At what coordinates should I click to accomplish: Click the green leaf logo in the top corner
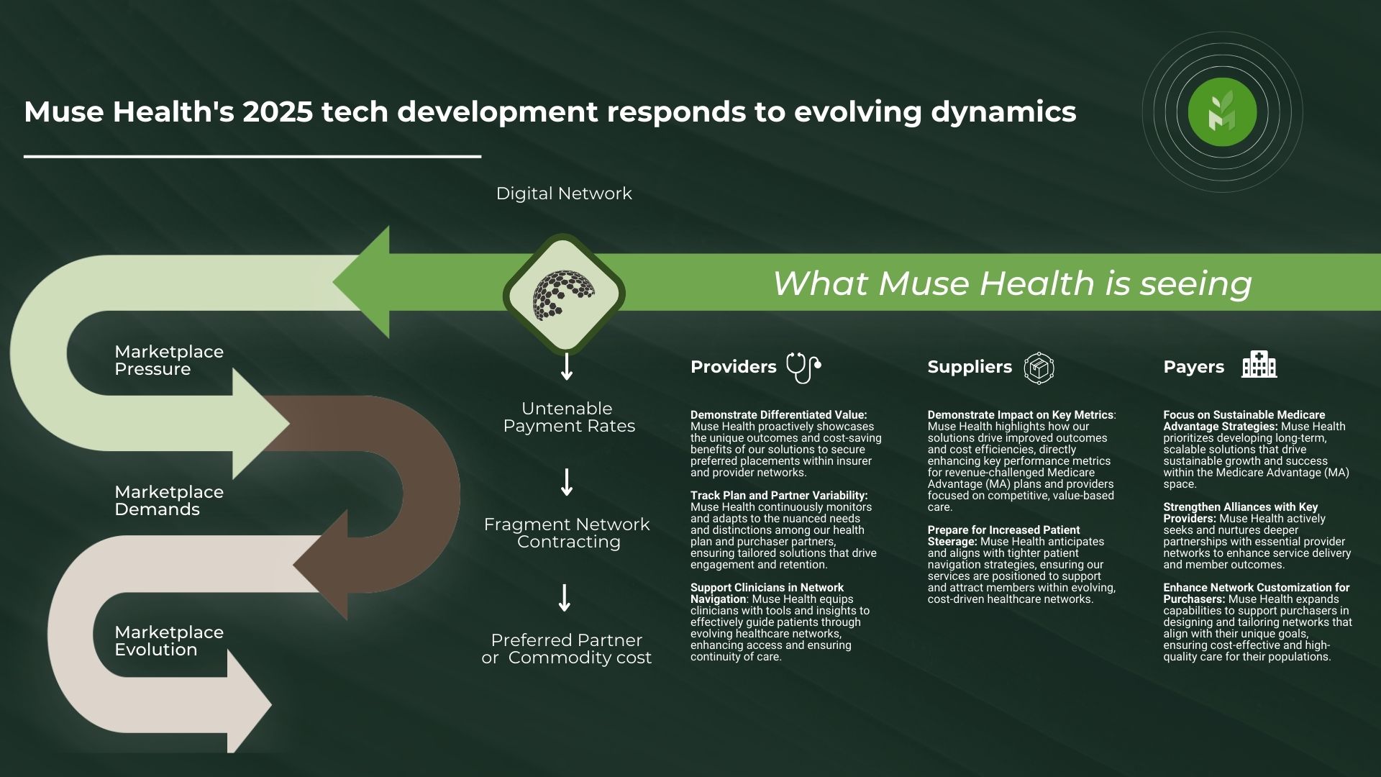tap(1222, 112)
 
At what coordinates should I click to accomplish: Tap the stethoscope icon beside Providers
tap(803, 367)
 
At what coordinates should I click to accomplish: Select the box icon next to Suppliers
tap(1039, 368)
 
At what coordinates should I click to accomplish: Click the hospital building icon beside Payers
tap(1259, 365)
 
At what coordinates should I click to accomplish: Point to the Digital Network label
tap(564, 194)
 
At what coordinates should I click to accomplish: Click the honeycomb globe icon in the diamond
tap(564, 294)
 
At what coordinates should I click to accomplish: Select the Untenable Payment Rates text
tap(569, 417)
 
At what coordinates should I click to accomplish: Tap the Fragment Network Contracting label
tap(567, 533)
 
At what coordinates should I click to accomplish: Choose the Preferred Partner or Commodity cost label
tap(567, 649)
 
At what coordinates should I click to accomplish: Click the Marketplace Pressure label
tap(169, 360)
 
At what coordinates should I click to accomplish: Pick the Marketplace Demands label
tap(169, 501)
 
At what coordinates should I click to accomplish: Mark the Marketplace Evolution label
tap(169, 641)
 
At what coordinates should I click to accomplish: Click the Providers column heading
tap(734, 367)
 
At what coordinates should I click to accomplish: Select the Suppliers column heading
tap(970, 367)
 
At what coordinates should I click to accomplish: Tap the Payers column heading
tap(1194, 367)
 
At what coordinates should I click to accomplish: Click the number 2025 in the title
tap(278, 112)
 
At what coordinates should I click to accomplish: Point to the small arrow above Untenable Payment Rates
tap(567, 366)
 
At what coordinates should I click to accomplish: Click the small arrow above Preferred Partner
tap(565, 598)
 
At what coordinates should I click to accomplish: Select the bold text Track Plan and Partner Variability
tap(779, 496)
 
